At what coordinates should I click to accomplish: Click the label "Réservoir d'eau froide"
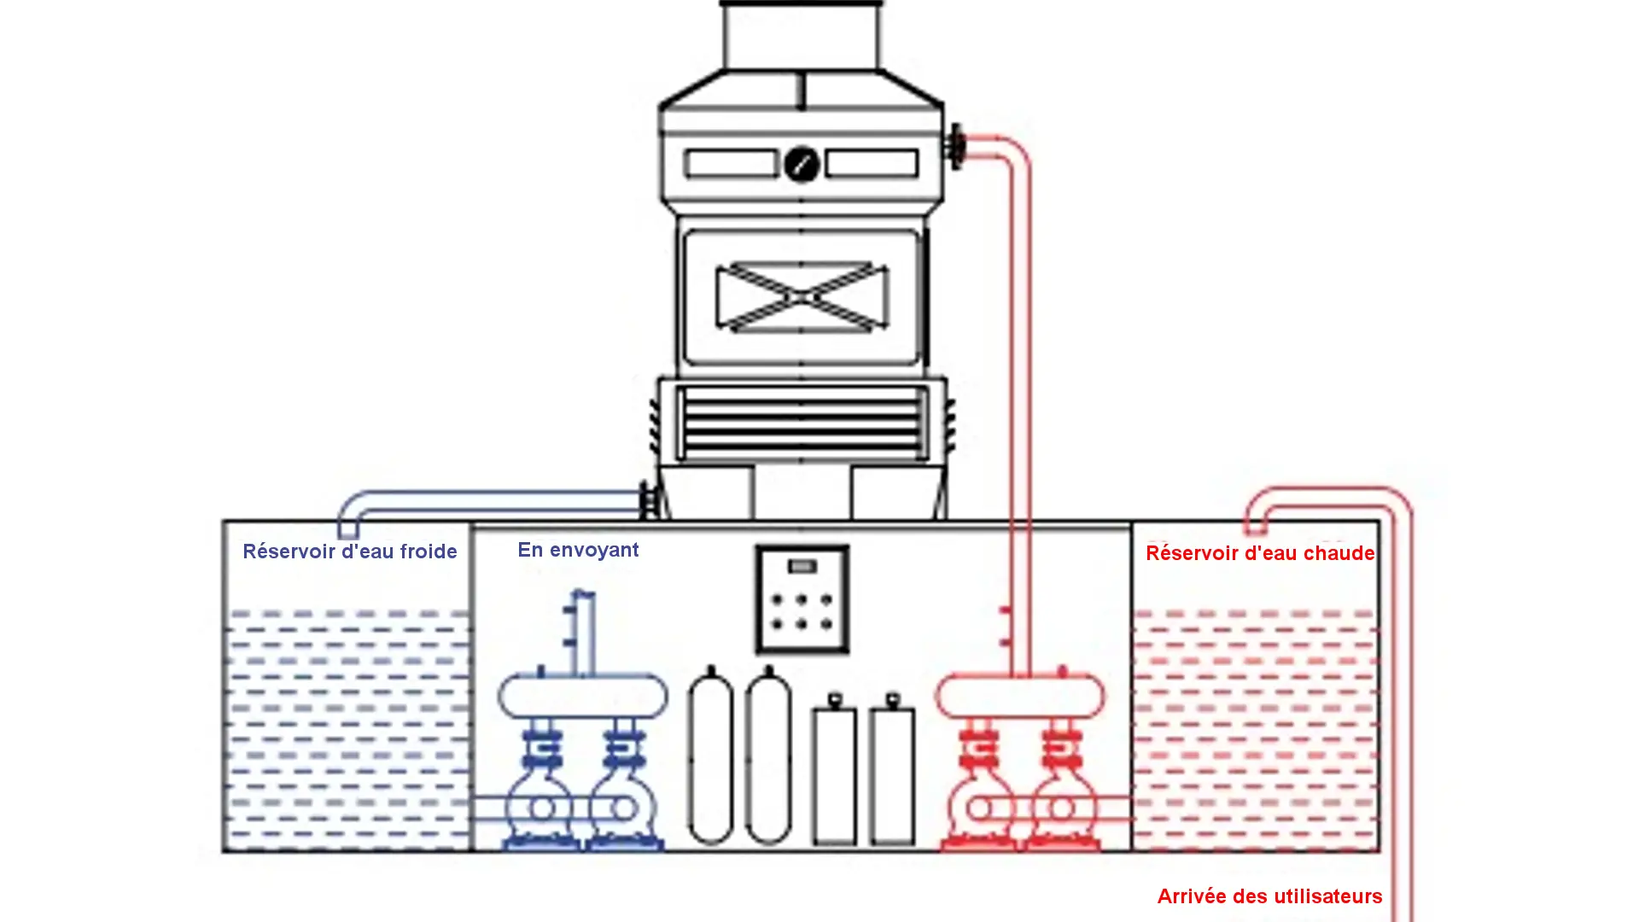(349, 551)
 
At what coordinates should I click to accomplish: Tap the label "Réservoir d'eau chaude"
(1259, 553)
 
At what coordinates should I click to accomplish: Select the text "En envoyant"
(578, 550)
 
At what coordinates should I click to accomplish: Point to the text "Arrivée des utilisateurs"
(1269, 896)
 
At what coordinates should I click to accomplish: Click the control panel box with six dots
(802, 599)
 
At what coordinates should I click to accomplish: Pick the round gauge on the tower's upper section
(802, 164)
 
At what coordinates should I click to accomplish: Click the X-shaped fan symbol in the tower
(802, 296)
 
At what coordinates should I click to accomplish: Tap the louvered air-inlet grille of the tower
(802, 423)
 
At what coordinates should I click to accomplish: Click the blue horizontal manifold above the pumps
(583, 696)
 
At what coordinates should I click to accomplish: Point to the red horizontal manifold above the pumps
(1020, 696)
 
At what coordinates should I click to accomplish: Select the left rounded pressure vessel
(710, 758)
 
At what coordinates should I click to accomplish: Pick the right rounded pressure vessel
(768, 758)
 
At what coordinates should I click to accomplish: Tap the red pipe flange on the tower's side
(956, 147)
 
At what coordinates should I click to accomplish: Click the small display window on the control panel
(802, 566)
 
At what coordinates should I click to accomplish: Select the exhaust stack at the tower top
(802, 36)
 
